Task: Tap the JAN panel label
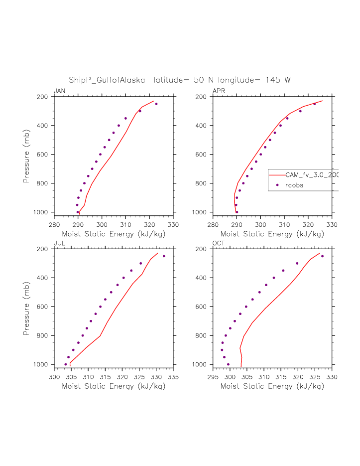pos(59,91)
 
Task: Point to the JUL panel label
pos(59,243)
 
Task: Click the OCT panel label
pos(219,243)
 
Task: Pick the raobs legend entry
pos(294,185)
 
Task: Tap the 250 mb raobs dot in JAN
pos(156,104)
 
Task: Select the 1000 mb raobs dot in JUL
pos(65,364)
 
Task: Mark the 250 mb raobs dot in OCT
pos(322,256)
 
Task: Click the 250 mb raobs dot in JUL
pos(164,256)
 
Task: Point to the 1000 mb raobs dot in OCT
pos(228,364)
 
